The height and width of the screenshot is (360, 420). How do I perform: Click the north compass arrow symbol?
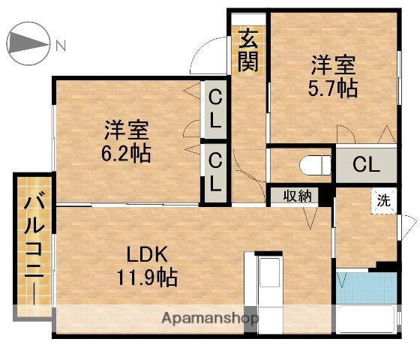28,45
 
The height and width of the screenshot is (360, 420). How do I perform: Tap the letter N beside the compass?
61,45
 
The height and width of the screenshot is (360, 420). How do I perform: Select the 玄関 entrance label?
247,50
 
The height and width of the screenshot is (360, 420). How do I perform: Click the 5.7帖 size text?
331,88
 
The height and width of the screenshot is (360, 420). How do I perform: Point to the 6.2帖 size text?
126,154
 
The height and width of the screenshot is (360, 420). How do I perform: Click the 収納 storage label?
296,196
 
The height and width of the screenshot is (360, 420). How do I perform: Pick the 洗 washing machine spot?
382,200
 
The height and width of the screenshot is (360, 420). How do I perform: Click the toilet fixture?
313,164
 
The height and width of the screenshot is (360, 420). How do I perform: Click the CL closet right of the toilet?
365,164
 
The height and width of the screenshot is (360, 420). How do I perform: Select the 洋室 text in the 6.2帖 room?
125,130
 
